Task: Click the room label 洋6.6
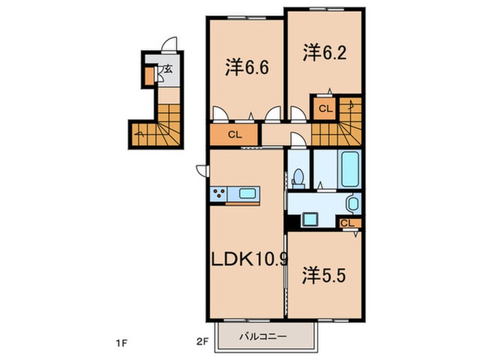[x=246, y=69]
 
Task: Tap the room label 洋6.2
[x=323, y=53]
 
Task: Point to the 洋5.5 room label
[x=323, y=277]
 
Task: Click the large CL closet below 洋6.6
[x=234, y=135]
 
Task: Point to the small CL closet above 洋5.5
[x=348, y=223]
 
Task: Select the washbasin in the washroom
[x=352, y=203]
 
